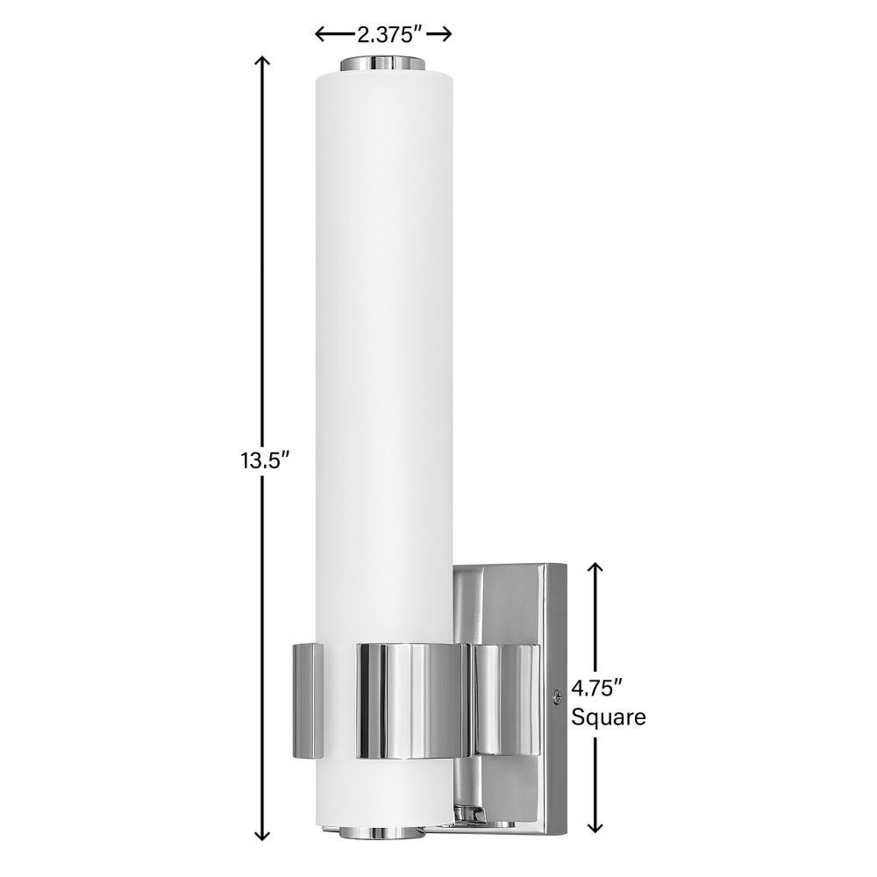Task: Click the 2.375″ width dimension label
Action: click(x=389, y=35)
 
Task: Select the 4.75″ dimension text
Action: click(x=597, y=688)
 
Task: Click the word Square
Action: click(x=608, y=717)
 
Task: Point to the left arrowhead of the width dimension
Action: click(x=321, y=35)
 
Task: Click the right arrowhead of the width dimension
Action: click(x=446, y=35)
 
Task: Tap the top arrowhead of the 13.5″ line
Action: click(x=261, y=61)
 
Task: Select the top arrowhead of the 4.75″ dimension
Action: click(x=596, y=568)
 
